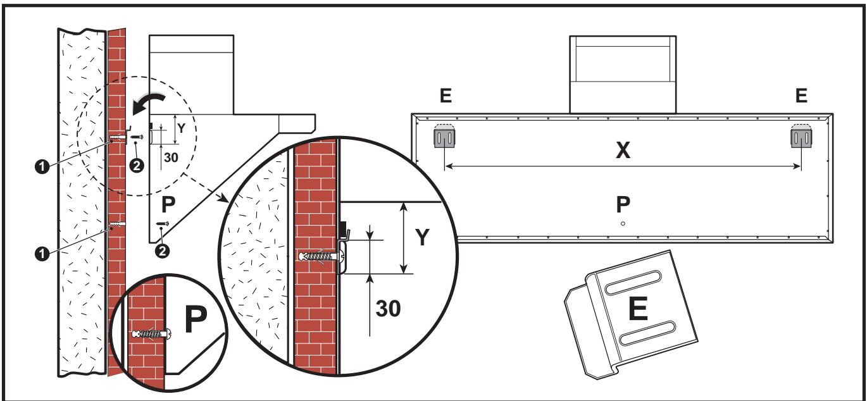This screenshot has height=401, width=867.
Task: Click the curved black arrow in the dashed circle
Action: pyautogui.click(x=149, y=99)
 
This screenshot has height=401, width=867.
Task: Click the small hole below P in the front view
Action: pyautogui.click(x=623, y=223)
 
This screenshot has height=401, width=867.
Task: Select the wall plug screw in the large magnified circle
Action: pyautogui.click(x=320, y=257)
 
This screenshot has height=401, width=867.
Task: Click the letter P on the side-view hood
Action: pyautogui.click(x=167, y=206)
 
